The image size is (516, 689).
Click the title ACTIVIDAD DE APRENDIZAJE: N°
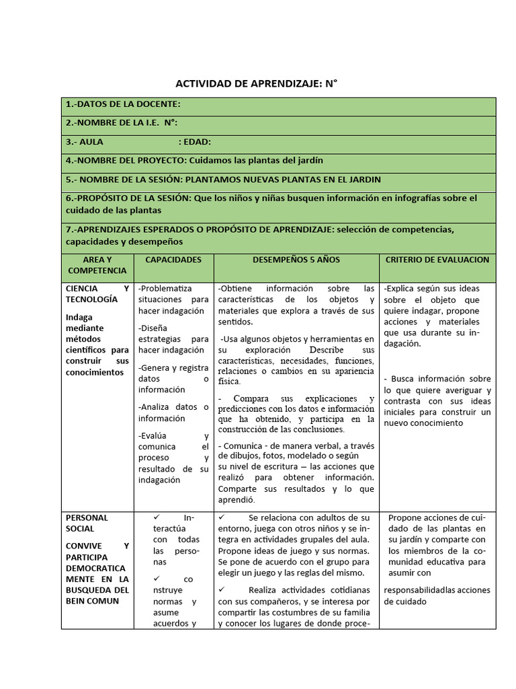(x=256, y=84)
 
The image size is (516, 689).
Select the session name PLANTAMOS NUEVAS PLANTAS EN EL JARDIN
(x=283, y=180)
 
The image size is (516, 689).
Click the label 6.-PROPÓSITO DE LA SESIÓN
(x=128, y=198)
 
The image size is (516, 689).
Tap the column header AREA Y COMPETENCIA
(x=97, y=264)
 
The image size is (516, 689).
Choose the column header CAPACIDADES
(x=173, y=259)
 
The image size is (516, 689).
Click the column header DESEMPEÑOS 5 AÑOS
(x=296, y=259)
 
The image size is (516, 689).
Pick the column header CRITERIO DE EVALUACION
(x=437, y=259)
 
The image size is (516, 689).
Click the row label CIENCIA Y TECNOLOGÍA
(x=97, y=293)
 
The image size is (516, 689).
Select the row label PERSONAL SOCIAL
(x=87, y=523)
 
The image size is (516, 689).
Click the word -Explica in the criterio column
(x=400, y=288)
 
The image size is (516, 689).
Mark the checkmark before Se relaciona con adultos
(x=223, y=517)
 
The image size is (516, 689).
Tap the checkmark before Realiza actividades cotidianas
(x=223, y=589)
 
